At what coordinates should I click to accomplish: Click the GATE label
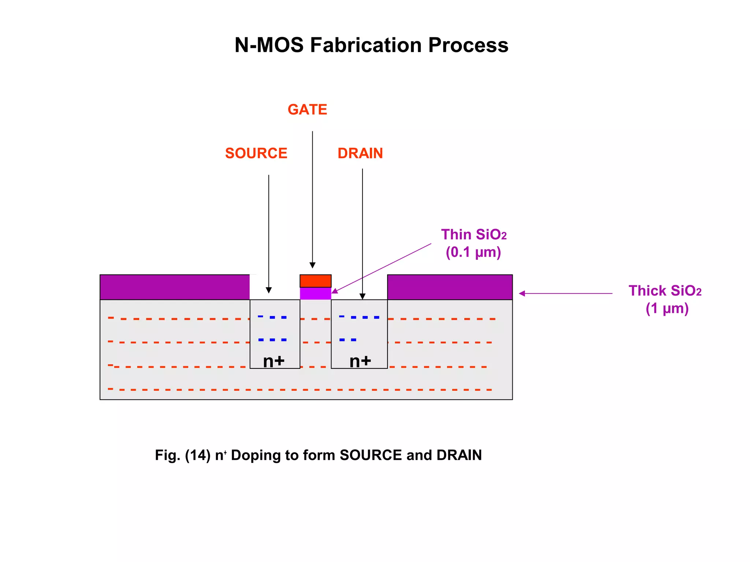[x=307, y=109]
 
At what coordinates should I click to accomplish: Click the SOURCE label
[x=256, y=153]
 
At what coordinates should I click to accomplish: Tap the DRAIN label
[x=360, y=153]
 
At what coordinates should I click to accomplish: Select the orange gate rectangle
[x=315, y=281]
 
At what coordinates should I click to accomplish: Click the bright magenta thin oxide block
[x=315, y=293]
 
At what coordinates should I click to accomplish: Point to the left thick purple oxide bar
[x=175, y=287]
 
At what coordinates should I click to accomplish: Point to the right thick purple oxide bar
[x=450, y=287]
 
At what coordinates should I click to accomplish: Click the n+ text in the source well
[x=274, y=361]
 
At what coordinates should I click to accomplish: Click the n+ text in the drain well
[x=360, y=361]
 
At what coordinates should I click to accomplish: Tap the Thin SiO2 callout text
[x=474, y=235]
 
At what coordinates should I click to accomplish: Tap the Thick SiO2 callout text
[x=665, y=291]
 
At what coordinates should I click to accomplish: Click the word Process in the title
[x=468, y=45]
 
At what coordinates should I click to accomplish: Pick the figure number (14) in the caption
[x=198, y=455]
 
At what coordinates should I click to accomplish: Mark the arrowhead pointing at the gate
[x=312, y=265]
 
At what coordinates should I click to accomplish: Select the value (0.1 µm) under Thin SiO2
[x=473, y=252]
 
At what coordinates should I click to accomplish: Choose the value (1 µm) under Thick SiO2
[x=667, y=308]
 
